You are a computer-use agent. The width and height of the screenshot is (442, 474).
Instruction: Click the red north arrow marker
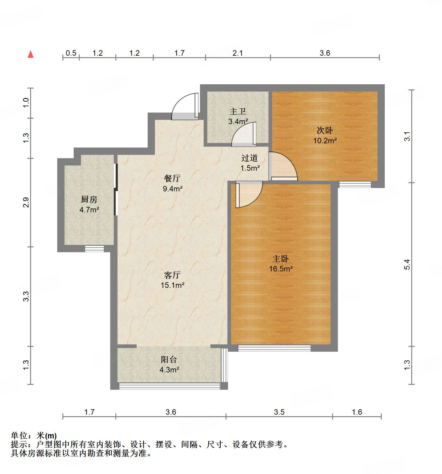tap(30, 54)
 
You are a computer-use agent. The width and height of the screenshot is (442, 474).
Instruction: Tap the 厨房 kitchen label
tap(89, 200)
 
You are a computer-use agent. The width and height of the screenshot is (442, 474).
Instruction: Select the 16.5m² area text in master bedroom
tap(281, 269)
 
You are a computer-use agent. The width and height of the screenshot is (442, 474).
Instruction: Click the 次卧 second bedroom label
tap(325, 131)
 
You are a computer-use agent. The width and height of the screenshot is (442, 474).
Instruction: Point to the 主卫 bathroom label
tap(238, 111)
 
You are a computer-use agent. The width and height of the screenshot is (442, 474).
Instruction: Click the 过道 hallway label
tap(250, 158)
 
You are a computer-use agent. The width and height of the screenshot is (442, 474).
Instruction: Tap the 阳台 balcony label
tap(169, 360)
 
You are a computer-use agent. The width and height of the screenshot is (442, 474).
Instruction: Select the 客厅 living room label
tap(172, 275)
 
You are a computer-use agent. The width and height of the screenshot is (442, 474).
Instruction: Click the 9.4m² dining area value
tap(172, 189)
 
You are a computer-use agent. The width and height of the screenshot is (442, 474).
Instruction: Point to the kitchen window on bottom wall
tap(94, 249)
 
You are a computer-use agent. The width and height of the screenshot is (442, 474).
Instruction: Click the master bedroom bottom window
tap(274, 348)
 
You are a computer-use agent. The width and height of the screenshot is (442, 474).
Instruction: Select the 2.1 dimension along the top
tap(238, 53)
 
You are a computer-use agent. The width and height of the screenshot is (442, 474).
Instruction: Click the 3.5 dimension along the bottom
tap(279, 412)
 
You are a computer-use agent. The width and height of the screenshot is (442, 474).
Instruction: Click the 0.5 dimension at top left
tap(71, 53)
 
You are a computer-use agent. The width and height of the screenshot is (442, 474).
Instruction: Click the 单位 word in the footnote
tap(19, 436)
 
